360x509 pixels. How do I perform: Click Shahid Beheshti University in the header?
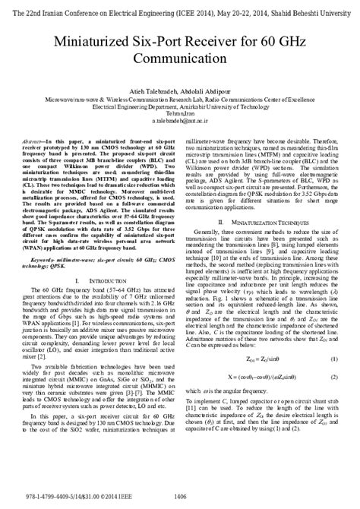[318, 7]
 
